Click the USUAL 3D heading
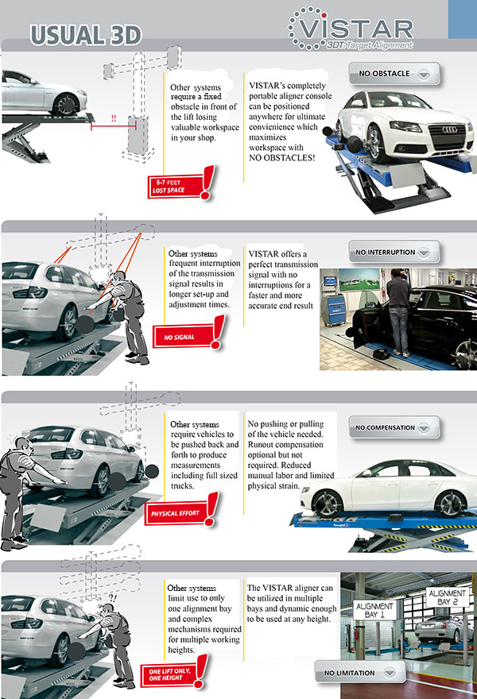pos(86,34)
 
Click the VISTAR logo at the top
pos(351,32)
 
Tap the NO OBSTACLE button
pos(393,75)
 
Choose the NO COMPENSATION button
pos(395,428)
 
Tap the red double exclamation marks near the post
pos(113,118)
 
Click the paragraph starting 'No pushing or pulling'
pos(290,454)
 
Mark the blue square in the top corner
pos(462,17)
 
